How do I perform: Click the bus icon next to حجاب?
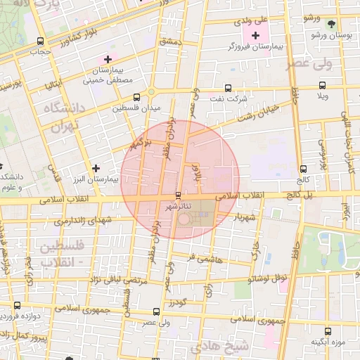click(x=39, y=41)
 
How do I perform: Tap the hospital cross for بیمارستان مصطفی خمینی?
click(x=107, y=59)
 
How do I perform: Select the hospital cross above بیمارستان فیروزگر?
click(x=255, y=34)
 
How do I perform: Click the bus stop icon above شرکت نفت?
click(x=227, y=88)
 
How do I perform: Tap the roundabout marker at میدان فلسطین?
click(x=150, y=93)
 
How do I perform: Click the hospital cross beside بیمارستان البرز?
click(x=96, y=168)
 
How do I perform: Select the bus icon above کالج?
click(x=303, y=169)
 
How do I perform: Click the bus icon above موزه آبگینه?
click(x=328, y=330)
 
